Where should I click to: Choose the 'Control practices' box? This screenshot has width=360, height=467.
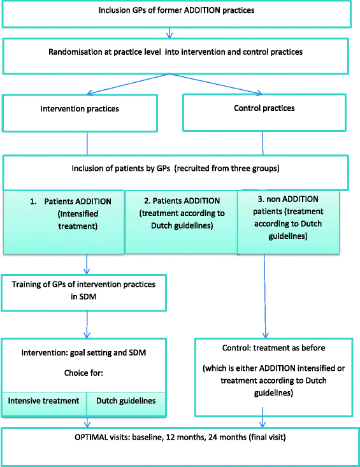[x=264, y=109]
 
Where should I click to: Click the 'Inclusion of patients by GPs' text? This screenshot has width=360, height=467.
[x=176, y=169]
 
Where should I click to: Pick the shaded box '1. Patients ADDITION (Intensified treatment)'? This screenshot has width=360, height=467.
[x=63, y=220]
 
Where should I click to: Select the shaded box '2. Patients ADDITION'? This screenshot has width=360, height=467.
[x=180, y=220]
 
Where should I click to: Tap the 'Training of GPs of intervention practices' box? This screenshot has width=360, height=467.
[x=85, y=287]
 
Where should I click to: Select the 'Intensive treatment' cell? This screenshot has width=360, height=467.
[x=44, y=401]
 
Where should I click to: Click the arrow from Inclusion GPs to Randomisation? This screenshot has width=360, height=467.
[x=169, y=32]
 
